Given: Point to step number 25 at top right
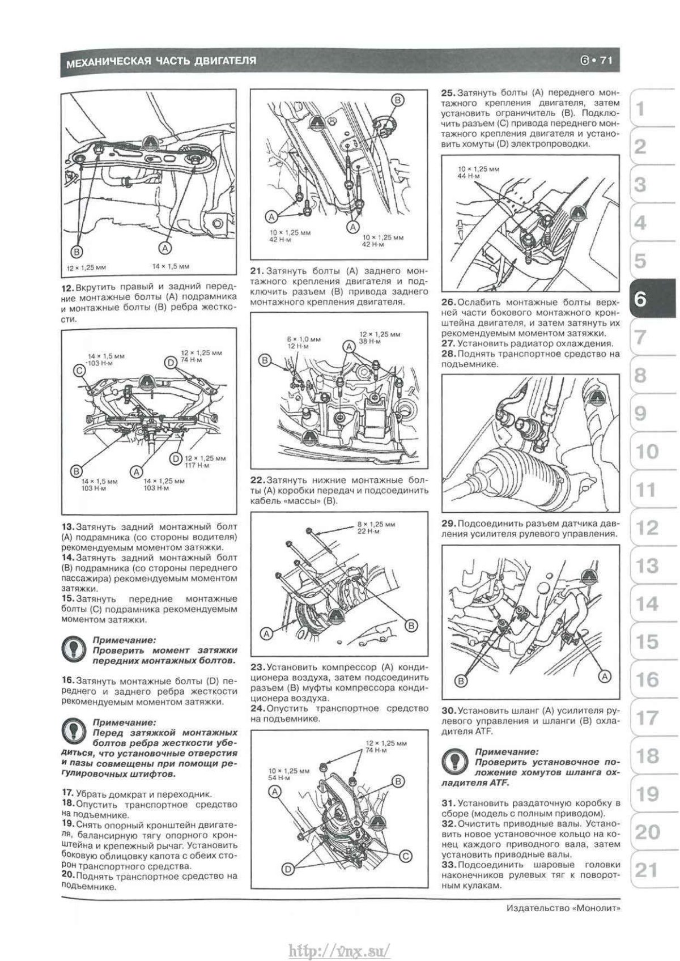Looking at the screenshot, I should coord(448,92).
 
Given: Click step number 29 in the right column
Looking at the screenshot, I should coord(449,523).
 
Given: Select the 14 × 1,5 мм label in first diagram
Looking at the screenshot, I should coord(171,266).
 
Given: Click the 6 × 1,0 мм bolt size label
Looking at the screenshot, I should coord(303,339).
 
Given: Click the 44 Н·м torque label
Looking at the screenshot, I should coord(469,176).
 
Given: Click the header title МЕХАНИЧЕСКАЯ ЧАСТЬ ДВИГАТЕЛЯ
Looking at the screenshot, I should coord(161,61).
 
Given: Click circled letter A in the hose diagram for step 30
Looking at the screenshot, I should coord(605,676).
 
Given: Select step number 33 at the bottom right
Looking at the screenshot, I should coord(449,865).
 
